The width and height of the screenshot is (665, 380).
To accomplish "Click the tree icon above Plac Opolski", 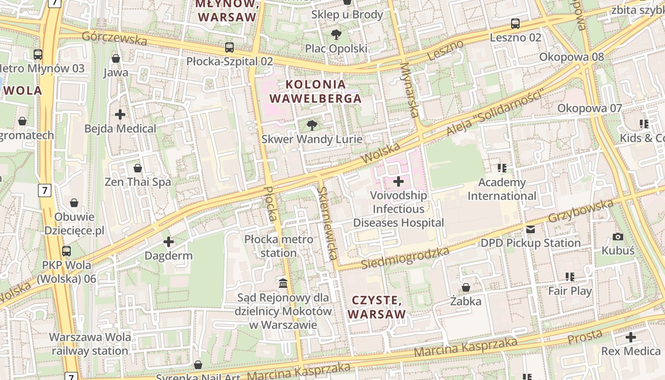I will point(336,34).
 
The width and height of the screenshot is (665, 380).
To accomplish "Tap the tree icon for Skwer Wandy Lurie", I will point(312,125).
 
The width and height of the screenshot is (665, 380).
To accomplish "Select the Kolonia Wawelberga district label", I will point(315,92).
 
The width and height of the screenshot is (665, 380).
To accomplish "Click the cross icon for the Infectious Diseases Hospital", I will point(399,181).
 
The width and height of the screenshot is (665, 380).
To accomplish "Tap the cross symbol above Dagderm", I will point(168,242).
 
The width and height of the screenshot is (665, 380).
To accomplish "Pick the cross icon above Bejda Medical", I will point(120,114).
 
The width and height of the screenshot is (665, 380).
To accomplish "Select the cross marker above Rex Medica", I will point(630,337).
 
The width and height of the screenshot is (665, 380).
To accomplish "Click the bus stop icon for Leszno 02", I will point(515,23).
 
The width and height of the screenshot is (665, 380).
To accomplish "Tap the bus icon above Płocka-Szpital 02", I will point(229,47).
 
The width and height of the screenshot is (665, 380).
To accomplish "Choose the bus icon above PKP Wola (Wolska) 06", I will point(66,251).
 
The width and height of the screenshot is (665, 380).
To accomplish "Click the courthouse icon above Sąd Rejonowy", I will point(284,284).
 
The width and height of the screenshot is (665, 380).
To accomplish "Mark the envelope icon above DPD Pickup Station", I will point(530,229).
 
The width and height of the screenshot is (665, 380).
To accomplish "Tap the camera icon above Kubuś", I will point(618,237).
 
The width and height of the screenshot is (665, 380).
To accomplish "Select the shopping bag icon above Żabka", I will point(466,287).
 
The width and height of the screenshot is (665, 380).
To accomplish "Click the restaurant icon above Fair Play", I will point(570,276).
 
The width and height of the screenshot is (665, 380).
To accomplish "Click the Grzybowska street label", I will point(580,210).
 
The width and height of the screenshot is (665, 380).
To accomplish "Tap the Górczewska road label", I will point(114,38).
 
